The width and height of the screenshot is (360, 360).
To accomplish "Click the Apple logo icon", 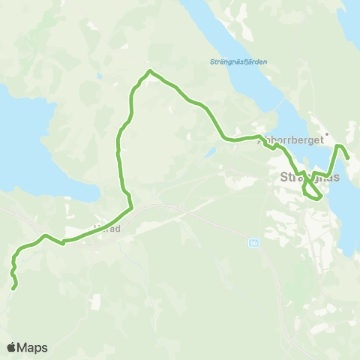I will tap(12, 347).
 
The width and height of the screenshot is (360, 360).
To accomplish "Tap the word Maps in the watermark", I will tap(34, 347).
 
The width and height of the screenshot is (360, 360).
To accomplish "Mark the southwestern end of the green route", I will tap(15, 286).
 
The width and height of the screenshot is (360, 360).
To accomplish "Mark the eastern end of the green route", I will tap(348, 157).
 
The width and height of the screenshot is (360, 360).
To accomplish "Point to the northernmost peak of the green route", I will tap(150, 71).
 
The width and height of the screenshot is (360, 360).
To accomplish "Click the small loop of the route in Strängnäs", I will tap(313, 193).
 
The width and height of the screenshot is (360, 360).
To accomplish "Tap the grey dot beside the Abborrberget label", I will tap(316, 135).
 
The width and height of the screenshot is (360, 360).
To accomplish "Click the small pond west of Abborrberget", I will tap(211, 152).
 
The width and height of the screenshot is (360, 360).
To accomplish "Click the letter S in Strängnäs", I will tap(283, 178).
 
